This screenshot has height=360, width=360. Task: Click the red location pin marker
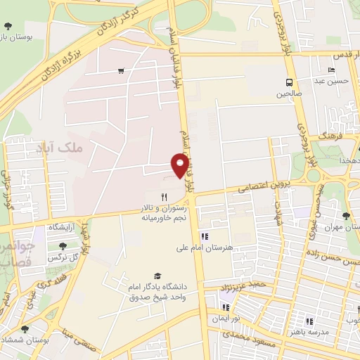pos(180,166)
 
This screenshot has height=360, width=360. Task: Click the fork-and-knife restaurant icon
pos(164,197)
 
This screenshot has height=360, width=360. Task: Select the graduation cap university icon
pos(156,276)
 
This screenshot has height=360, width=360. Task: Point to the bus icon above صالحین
pos(289,82)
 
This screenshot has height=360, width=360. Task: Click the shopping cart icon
pos(122,70)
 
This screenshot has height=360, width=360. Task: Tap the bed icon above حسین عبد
pos(331,70)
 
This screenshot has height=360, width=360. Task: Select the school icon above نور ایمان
pos(226,307)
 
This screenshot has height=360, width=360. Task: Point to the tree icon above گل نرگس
pos(63,246)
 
